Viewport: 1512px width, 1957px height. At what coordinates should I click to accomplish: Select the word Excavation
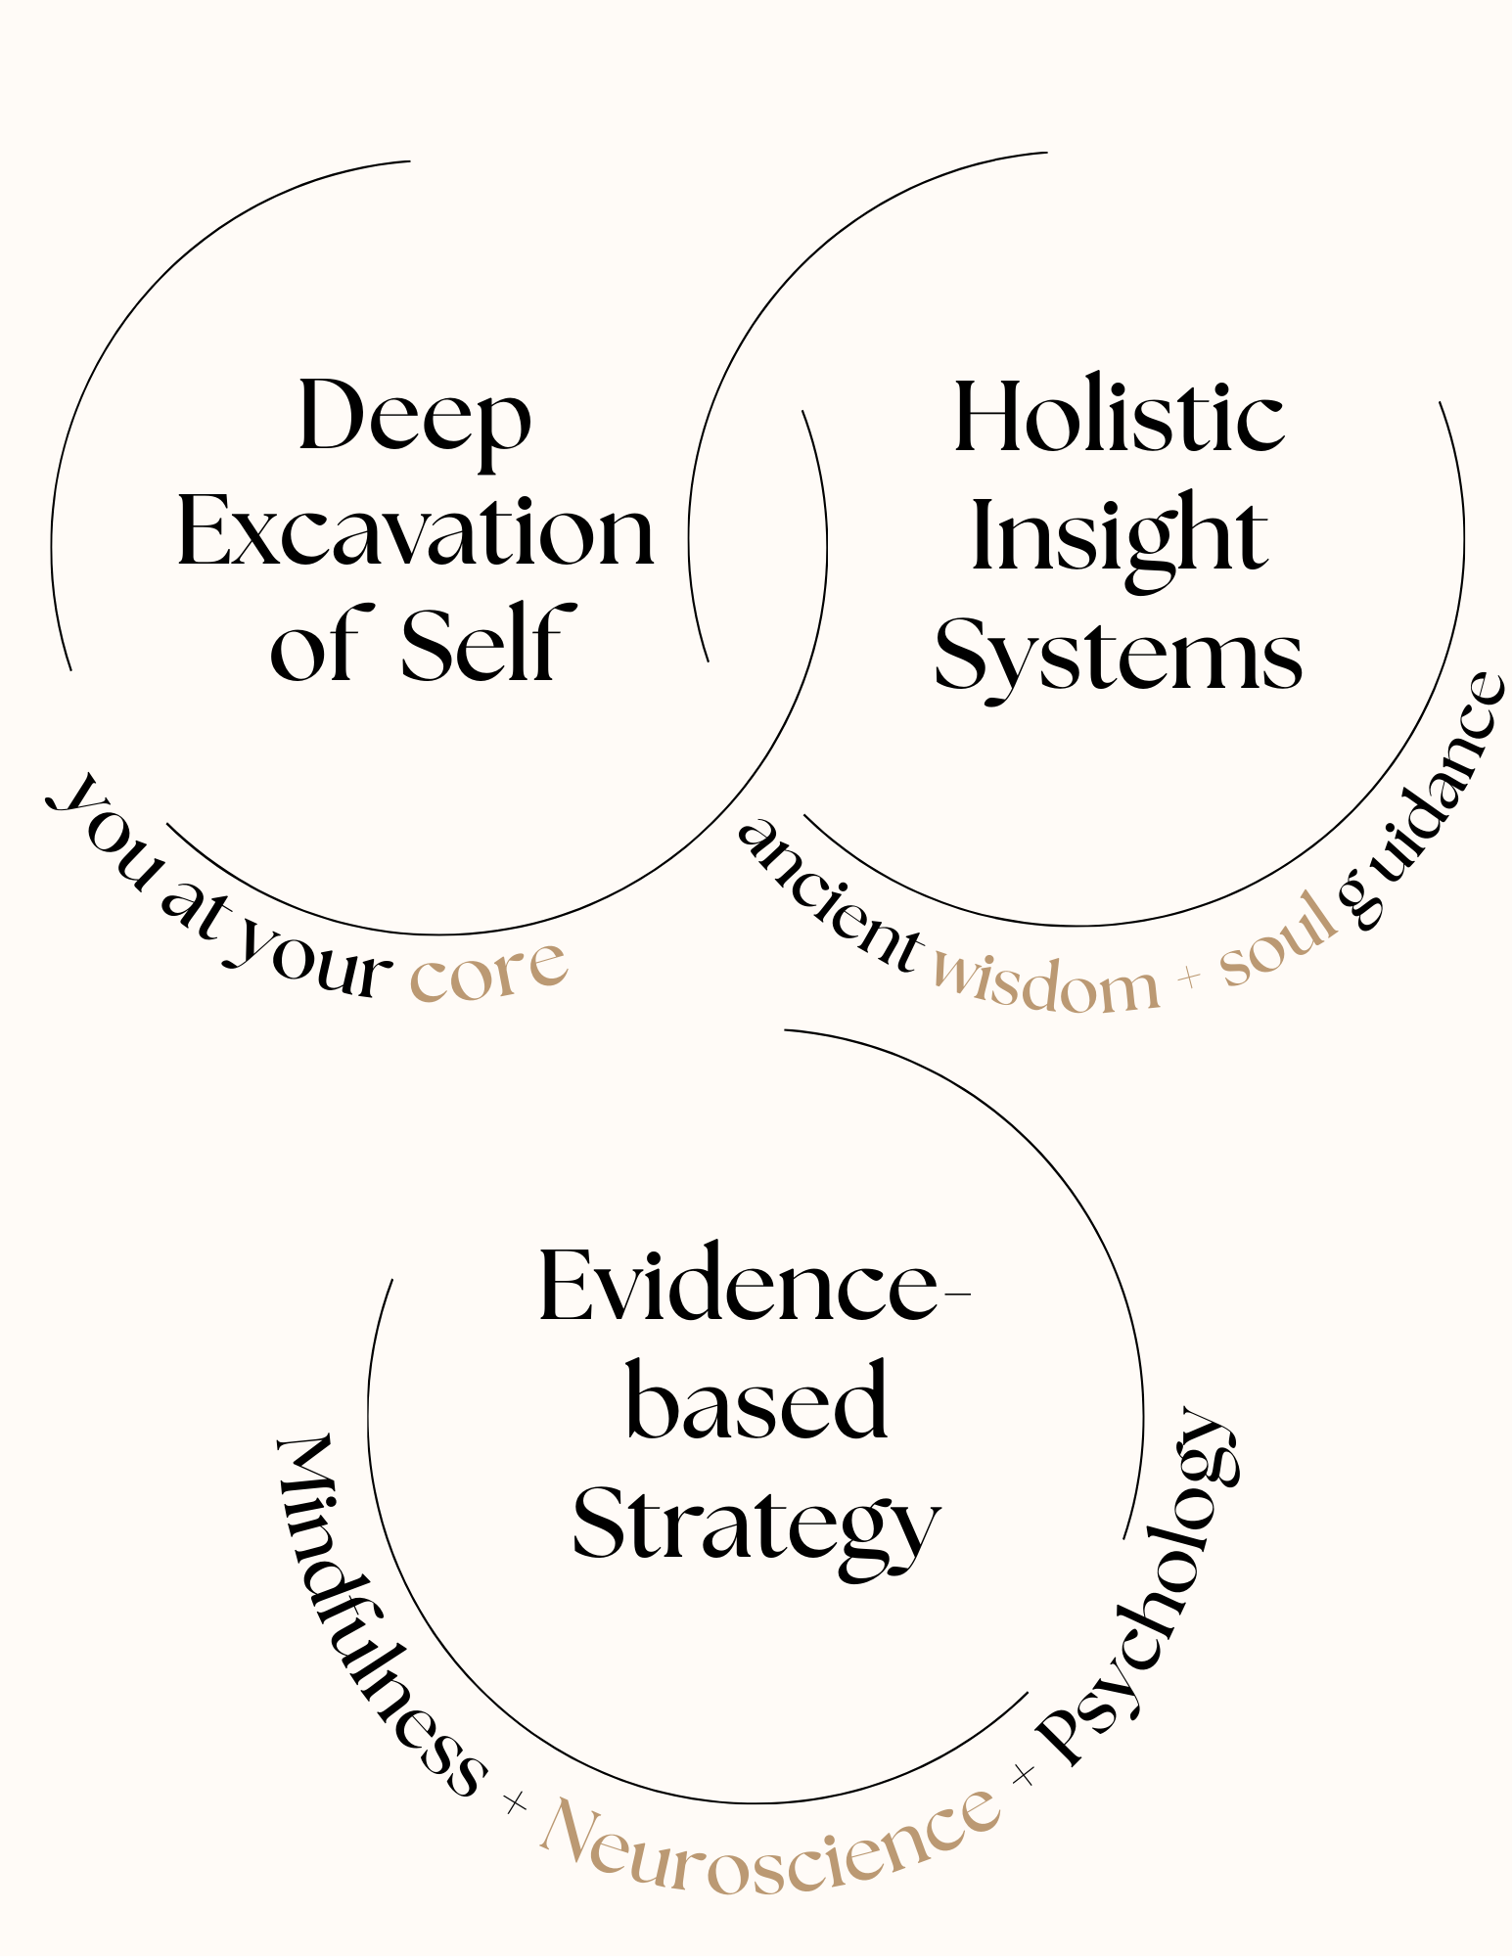coord(415,533)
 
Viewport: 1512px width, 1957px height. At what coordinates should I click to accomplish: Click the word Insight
coord(1119,536)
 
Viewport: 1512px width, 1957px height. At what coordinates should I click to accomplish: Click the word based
coord(756,1402)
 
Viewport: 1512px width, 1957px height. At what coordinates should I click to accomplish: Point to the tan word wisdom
coord(1045,984)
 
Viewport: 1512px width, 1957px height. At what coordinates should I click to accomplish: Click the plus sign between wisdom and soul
coord(1189,977)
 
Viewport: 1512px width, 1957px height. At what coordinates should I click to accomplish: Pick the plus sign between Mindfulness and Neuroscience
coord(514,1801)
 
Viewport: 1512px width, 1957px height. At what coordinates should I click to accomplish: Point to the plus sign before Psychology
coord(1024,1773)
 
